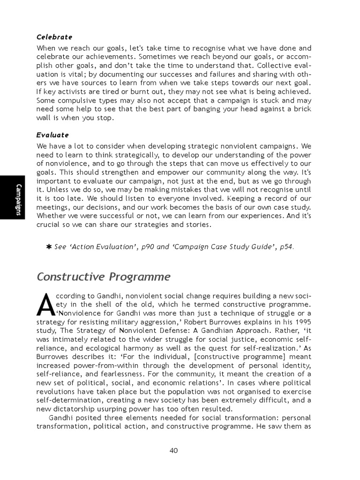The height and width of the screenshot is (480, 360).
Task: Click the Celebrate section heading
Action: click(x=54, y=37)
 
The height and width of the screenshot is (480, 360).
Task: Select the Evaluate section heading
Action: click(x=53, y=135)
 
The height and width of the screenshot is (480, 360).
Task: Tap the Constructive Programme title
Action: click(x=104, y=277)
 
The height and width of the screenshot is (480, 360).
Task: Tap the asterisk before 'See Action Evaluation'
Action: click(x=49, y=247)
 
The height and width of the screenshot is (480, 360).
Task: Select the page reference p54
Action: click(x=286, y=247)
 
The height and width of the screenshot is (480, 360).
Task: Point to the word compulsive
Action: click(x=76, y=100)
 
